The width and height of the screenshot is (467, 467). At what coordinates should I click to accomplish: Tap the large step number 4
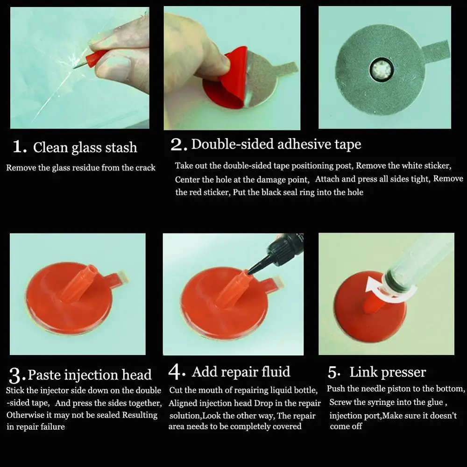pyautogui.click(x=175, y=372)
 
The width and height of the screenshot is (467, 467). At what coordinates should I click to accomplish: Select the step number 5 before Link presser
pyautogui.click(x=333, y=373)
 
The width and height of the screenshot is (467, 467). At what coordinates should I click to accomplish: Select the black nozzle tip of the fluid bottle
pyautogui.click(x=254, y=267)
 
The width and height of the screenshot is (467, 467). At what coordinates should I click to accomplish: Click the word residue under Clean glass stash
pyautogui.click(x=85, y=168)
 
